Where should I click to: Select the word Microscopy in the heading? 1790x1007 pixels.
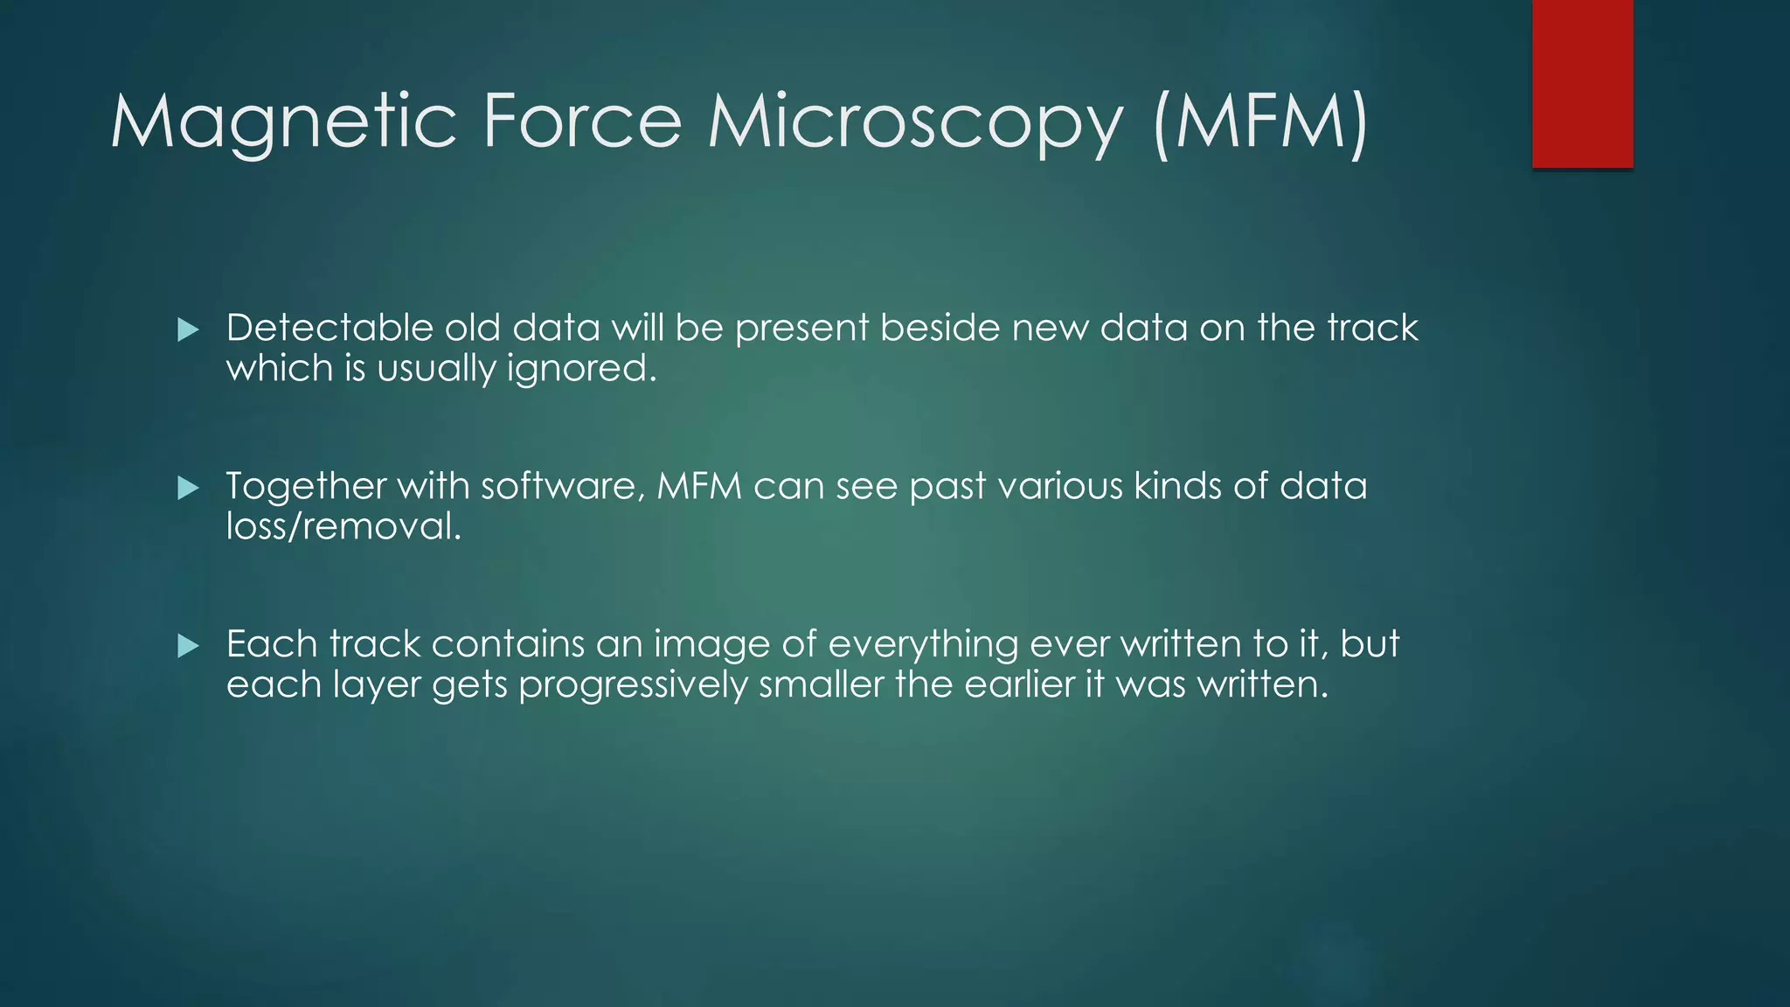pos(914,122)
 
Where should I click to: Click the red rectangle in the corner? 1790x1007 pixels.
pos(1582,83)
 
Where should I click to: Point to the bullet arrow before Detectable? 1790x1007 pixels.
pos(188,330)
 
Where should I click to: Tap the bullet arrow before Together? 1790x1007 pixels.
pos(188,488)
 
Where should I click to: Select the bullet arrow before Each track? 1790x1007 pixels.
pos(188,646)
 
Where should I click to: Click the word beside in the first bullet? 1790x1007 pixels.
pos(940,328)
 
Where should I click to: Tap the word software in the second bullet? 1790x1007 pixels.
pos(557,486)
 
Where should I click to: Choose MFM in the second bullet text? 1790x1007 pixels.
pos(698,486)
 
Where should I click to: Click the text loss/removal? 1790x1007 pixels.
pos(343,526)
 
